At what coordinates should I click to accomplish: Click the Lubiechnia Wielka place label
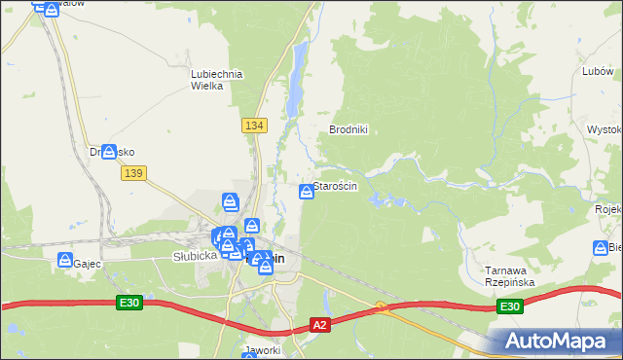click(x=216, y=80)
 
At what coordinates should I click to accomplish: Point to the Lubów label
click(x=597, y=71)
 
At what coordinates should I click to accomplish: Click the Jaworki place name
click(x=264, y=350)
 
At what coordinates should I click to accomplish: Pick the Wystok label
click(x=605, y=129)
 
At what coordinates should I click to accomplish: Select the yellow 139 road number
click(x=134, y=172)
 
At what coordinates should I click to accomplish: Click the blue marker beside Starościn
click(x=307, y=190)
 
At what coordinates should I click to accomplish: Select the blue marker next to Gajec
click(x=65, y=261)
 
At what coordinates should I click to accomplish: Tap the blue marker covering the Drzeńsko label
click(x=109, y=152)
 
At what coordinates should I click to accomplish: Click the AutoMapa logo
click(x=559, y=342)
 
